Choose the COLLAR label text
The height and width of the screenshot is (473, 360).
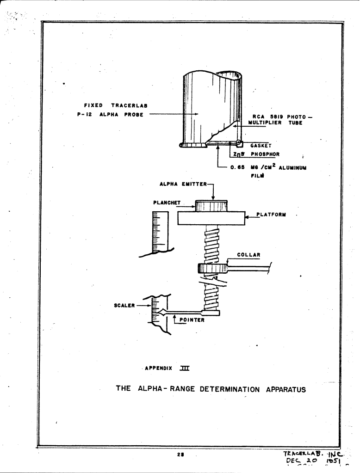[x=248, y=254]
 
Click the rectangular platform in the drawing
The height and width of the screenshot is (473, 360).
[x=211, y=218]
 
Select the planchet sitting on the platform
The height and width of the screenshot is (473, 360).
[x=211, y=206]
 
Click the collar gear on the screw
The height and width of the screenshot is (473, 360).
[x=212, y=268]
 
